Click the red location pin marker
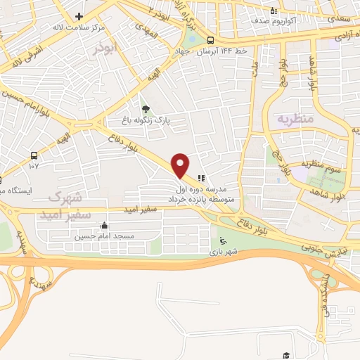pyautogui.click(x=181, y=165)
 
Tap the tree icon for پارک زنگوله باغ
pyautogui.click(x=146, y=109)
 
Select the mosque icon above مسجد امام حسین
pyautogui.click(x=105, y=226)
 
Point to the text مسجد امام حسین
pyautogui.click(x=105, y=237)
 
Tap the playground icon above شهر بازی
pyautogui.click(x=224, y=241)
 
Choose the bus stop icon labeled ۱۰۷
pyautogui.click(x=34, y=155)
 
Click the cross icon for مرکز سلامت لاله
pyautogui.click(x=79, y=17)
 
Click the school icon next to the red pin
pyautogui.click(x=201, y=178)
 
